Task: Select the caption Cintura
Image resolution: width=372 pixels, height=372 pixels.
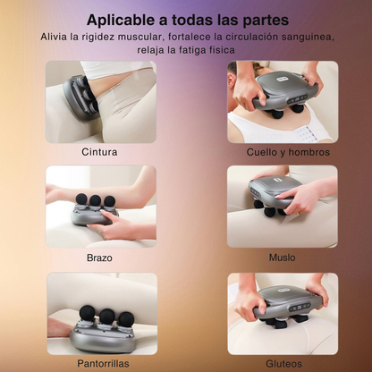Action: click(98, 151)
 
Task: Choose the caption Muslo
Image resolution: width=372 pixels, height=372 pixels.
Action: click(282, 257)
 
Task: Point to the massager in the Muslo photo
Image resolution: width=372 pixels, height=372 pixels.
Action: click(275, 190)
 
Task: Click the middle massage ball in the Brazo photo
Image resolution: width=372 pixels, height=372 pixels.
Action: click(92, 200)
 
